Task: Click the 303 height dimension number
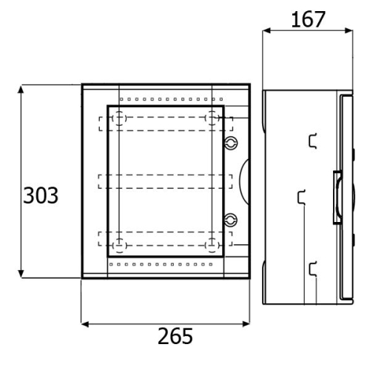click(x=41, y=195)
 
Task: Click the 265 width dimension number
click(x=175, y=336)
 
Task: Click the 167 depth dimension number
click(x=308, y=19)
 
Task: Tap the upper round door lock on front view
click(x=231, y=143)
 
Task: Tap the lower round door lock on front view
click(x=231, y=220)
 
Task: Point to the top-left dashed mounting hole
click(x=119, y=118)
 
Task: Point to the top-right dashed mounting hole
click(x=212, y=118)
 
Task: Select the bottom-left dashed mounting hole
click(x=120, y=246)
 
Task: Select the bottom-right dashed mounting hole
click(x=212, y=246)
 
